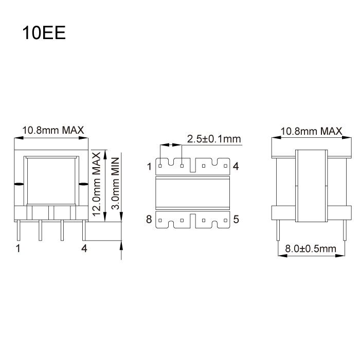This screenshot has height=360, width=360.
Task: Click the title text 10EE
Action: coord(43,33)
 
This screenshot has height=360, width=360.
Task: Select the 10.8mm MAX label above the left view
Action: coord(53,130)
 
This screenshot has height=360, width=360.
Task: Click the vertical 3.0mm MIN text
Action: coord(116,183)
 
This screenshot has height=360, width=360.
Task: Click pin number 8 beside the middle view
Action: coord(149,220)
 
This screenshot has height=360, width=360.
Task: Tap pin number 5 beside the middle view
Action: coord(236,220)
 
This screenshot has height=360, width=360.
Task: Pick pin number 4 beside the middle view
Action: coord(236,166)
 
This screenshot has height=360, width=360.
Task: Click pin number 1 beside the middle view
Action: coord(149,166)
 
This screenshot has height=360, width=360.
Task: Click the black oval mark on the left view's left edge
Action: coord(18,184)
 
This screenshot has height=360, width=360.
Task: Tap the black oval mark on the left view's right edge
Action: coord(82,184)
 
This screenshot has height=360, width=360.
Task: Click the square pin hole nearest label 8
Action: coord(160,220)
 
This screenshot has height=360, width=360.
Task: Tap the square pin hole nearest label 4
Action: coord(225,166)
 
